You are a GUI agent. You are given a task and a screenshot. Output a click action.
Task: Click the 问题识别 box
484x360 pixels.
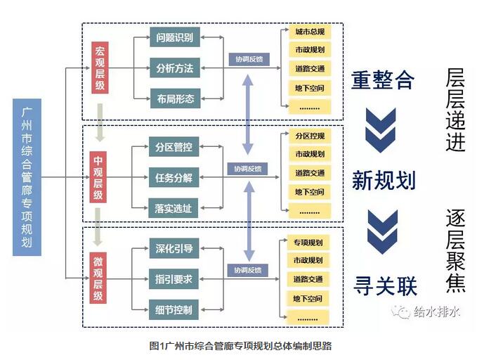(x=175, y=38)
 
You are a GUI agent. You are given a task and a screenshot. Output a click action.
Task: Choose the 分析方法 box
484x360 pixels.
(x=175, y=68)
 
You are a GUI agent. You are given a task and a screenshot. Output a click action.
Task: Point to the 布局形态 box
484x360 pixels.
(x=175, y=98)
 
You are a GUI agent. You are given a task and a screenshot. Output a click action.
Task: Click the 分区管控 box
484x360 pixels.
(x=174, y=147)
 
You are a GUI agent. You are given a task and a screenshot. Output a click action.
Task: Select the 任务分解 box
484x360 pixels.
(x=174, y=177)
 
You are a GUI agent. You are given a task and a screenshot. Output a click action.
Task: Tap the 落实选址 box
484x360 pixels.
(x=174, y=207)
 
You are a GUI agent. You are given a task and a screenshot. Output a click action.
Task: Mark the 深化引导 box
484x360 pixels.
(x=174, y=248)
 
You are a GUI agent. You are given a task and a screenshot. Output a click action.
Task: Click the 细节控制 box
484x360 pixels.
(x=174, y=309)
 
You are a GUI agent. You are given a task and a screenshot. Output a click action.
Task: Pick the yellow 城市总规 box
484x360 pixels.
(x=309, y=32)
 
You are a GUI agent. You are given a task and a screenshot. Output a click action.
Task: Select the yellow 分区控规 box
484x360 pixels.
(x=309, y=135)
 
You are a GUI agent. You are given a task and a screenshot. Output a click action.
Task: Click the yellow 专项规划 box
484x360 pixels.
(x=309, y=243)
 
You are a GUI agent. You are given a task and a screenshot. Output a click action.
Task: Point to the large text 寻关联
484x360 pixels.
(x=384, y=285)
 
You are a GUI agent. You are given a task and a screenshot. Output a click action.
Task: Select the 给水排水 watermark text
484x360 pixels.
(x=436, y=311)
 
